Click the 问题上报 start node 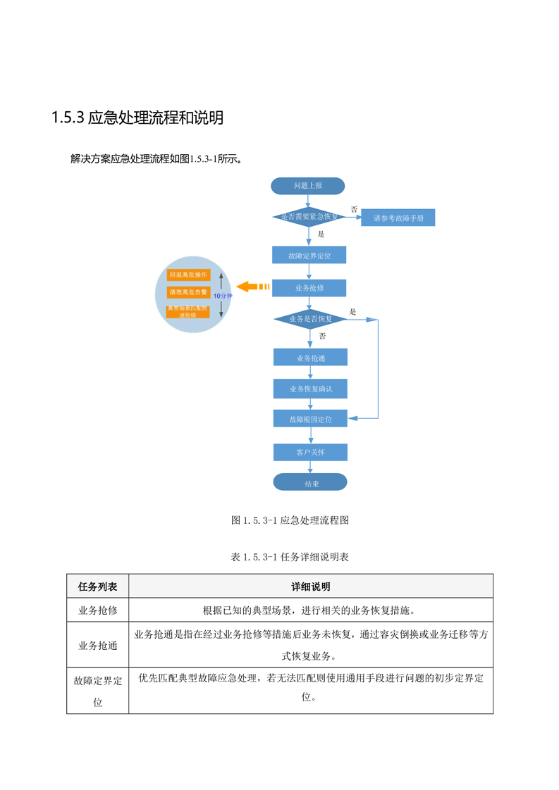pyautogui.click(x=308, y=186)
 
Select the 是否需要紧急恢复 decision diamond pyautogui.click(x=309, y=217)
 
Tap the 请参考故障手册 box pyautogui.click(x=398, y=218)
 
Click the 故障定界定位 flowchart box pyautogui.click(x=309, y=256)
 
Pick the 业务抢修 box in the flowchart pyautogui.click(x=309, y=288)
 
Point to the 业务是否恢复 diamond pyautogui.click(x=309, y=319)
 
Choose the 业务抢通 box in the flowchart pyautogui.click(x=310, y=358)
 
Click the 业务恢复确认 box pyautogui.click(x=310, y=389)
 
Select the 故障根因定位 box pyautogui.click(x=310, y=419)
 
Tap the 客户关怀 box pyautogui.click(x=310, y=451)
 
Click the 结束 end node pyautogui.click(x=311, y=483)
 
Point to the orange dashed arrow pyautogui.click(x=253, y=287)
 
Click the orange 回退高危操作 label pyautogui.click(x=188, y=274)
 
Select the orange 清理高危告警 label pyautogui.click(x=188, y=291)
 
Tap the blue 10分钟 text pyautogui.click(x=222, y=296)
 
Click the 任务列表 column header pyautogui.click(x=98, y=587)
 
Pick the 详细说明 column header pyautogui.click(x=311, y=587)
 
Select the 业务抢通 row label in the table pyautogui.click(x=98, y=644)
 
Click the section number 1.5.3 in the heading pyautogui.click(x=68, y=118)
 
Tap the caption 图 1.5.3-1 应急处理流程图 pyautogui.click(x=290, y=521)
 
